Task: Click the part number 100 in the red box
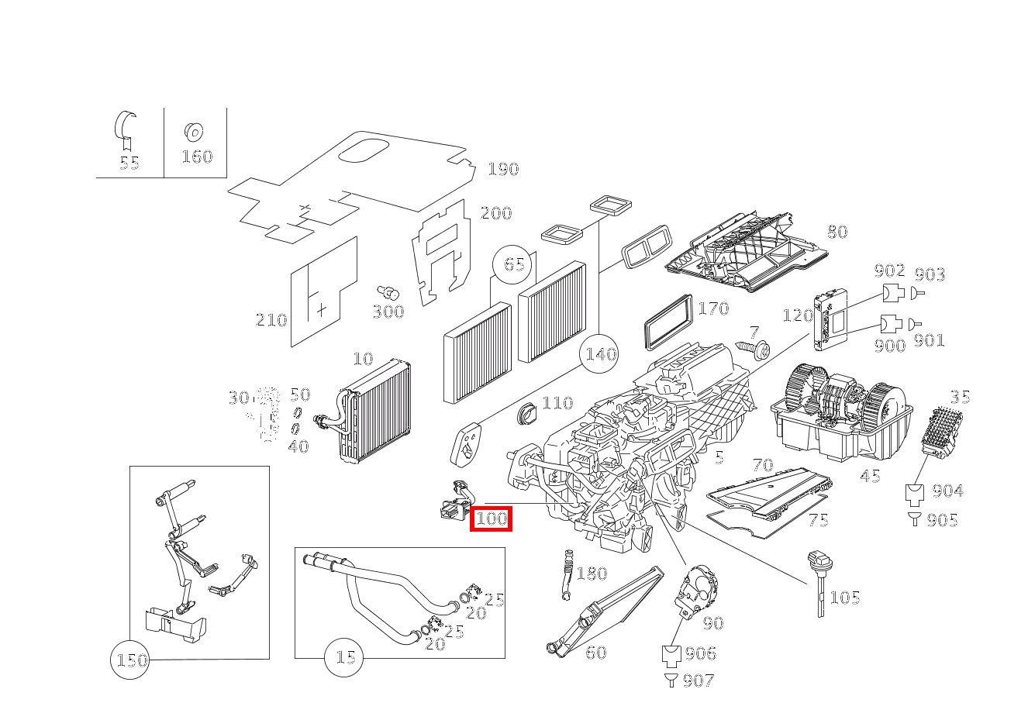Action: click(491, 518)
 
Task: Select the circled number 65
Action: click(514, 264)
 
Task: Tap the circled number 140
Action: click(600, 354)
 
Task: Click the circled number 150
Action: click(130, 660)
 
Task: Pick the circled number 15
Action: click(344, 657)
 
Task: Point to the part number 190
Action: click(503, 169)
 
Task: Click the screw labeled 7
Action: click(756, 349)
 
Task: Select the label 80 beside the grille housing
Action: click(837, 232)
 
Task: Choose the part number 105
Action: click(844, 598)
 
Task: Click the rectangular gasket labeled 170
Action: click(666, 322)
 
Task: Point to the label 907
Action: click(699, 680)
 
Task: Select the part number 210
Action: click(271, 320)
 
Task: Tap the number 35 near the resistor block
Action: click(960, 398)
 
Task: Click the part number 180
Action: click(592, 574)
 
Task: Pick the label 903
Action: click(930, 274)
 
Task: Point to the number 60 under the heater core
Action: click(595, 653)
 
